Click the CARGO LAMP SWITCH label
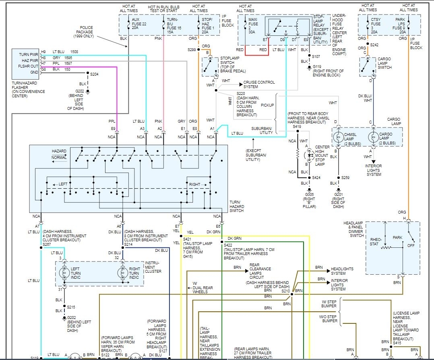pos(384,64)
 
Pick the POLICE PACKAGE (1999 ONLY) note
pos(83,32)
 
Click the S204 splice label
pos(94,74)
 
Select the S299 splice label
pos(191,49)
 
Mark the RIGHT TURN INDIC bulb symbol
pos(122,272)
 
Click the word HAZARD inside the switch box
pos(59,151)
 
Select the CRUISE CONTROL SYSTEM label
pos(259,84)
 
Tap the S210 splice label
pos(285,290)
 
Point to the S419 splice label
pos(297,126)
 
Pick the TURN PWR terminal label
pos(28,54)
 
